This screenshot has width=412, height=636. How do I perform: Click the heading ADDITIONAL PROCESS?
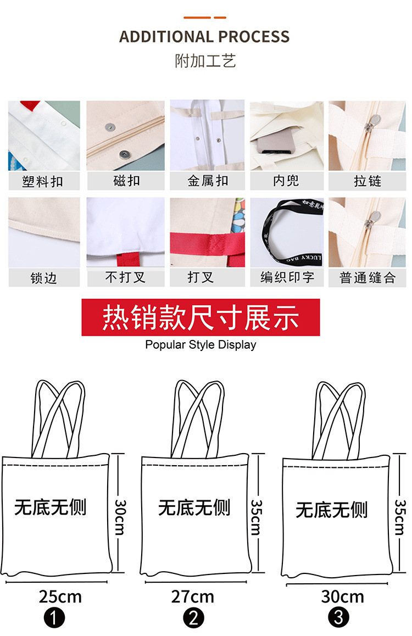(x=204, y=37)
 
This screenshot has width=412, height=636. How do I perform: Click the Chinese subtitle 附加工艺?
(x=205, y=61)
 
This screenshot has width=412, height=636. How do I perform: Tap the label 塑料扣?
(x=43, y=181)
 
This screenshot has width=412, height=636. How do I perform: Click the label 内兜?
(x=286, y=181)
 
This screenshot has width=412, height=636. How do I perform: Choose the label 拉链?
(x=367, y=181)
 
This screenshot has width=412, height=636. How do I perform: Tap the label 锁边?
(x=43, y=278)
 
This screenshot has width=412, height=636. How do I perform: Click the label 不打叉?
(x=125, y=277)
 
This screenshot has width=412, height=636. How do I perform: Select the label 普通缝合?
(x=367, y=278)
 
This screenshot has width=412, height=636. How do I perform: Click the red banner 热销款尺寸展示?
(x=201, y=317)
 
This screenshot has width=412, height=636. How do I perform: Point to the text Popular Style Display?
(x=201, y=345)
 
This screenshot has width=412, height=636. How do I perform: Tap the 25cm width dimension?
(x=60, y=596)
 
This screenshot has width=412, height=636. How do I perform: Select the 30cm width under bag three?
(x=342, y=596)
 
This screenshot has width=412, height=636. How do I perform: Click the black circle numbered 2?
(x=193, y=618)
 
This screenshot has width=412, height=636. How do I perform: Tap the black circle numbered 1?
(x=54, y=619)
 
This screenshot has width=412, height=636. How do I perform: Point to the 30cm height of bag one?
(x=120, y=516)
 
